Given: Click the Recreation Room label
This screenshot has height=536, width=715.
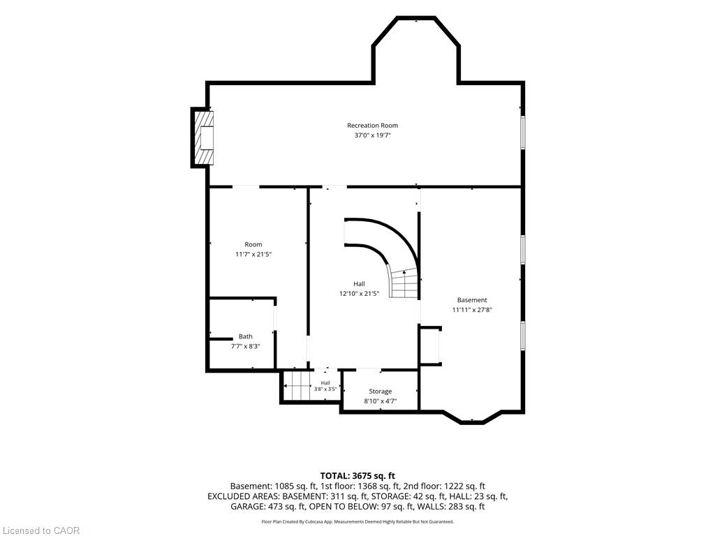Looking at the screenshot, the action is [x=372, y=126].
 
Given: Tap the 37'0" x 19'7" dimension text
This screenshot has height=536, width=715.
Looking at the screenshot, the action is [x=373, y=135].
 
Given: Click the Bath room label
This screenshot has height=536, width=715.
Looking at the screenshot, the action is [x=245, y=336].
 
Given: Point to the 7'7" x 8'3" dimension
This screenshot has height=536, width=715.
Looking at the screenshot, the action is [x=245, y=346].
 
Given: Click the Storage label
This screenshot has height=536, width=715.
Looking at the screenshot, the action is [x=381, y=391].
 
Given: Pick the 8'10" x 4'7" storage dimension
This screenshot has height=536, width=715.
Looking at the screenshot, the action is [x=381, y=401].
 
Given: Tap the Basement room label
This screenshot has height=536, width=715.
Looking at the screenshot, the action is [x=472, y=300].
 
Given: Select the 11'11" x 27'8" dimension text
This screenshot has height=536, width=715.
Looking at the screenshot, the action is [x=472, y=310].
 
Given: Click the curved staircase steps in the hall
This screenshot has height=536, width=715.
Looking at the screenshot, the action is [x=404, y=283].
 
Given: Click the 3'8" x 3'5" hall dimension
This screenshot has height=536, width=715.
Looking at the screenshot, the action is [x=325, y=389].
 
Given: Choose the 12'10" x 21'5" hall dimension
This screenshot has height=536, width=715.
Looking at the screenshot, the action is [x=359, y=294].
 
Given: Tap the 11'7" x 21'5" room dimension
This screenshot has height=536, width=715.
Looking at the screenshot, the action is [x=253, y=254].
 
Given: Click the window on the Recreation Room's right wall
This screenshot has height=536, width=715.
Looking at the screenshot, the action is [x=523, y=132].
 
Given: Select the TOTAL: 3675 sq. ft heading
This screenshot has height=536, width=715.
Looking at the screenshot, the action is [x=357, y=477].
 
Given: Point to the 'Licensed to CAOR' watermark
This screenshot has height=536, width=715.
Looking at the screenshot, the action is [x=40, y=530].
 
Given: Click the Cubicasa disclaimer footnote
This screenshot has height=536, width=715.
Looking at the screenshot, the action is [x=357, y=521].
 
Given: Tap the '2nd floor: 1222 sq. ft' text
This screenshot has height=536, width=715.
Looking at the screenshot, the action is [x=444, y=486].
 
